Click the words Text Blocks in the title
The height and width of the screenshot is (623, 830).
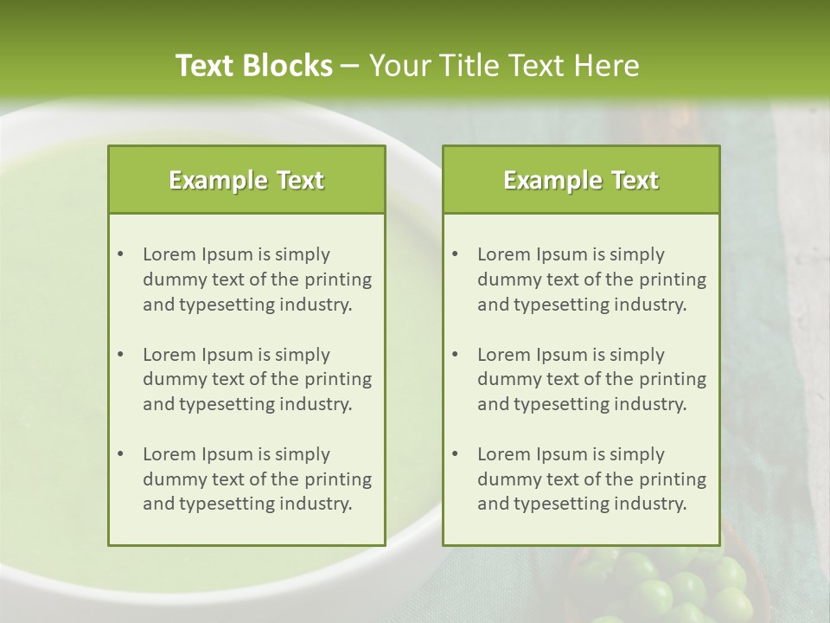pos(253,66)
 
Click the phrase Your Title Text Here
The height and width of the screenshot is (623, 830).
pos(504,66)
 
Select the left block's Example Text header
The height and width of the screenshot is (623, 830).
pos(246,180)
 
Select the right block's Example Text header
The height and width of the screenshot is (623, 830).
pos(581,180)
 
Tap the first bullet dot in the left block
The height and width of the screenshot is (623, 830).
pos(120,254)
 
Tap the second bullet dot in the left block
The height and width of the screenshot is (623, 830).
pos(120,355)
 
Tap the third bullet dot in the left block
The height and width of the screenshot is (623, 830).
pos(120,454)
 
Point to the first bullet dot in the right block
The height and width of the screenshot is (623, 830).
pos(455,254)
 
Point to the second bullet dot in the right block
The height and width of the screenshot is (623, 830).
pos(455,355)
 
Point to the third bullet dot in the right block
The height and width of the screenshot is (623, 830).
pos(455,454)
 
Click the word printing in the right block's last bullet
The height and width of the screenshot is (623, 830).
pos(674,479)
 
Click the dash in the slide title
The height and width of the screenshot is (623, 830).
pos(349,66)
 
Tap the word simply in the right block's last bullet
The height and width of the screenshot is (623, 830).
pos(636,454)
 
